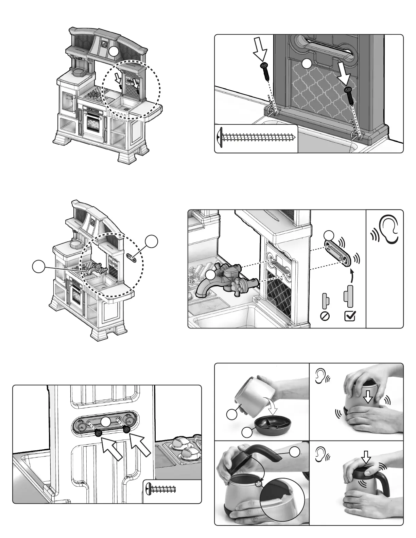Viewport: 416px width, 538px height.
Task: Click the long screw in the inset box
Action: click(x=257, y=138)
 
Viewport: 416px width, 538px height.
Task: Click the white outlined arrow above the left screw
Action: click(x=260, y=51)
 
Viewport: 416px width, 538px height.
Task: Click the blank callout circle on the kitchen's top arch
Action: click(x=114, y=51)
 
